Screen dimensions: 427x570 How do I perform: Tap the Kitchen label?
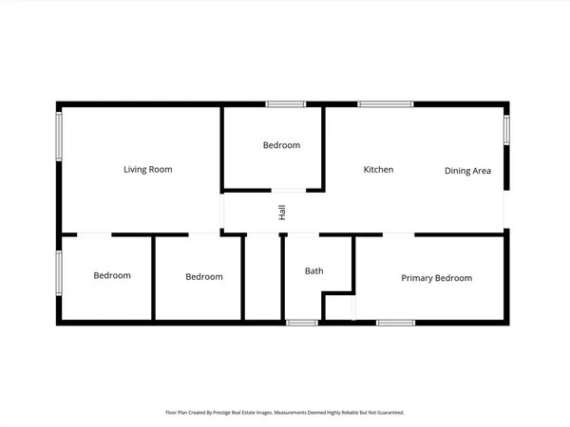click(x=378, y=170)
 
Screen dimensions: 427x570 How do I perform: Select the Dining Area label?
click(x=467, y=171)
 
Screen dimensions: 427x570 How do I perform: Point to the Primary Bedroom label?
click(x=436, y=278)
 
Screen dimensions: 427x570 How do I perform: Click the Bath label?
click(x=313, y=271)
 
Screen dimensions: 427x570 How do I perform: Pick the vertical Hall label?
click(x=282, y=213)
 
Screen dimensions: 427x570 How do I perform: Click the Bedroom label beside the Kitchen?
click(x=281, y=145)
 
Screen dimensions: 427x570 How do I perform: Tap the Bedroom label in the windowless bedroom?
click(x=204, y=277)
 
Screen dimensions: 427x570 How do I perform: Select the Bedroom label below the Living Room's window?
click(x=112, y=276)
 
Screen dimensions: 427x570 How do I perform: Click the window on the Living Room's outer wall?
click(x=59, y=141)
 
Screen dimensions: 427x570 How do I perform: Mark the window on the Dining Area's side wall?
click(x=506, y=129)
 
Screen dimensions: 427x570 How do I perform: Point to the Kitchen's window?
click(x=386, y=103)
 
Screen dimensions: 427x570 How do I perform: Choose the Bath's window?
click(x=302, y=324)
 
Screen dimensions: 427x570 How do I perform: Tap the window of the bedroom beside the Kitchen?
click(x=282, y=103)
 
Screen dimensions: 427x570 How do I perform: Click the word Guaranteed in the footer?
click(x=389, y=413)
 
